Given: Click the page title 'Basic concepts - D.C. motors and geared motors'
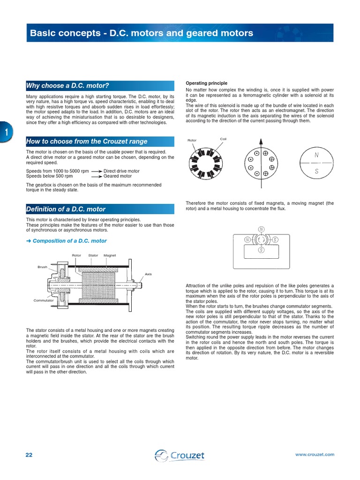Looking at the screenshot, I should [x=141, y=33].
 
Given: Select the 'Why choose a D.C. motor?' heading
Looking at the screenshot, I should [x=67, y=85].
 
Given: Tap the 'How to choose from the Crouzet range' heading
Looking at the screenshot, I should [x=87, y=141].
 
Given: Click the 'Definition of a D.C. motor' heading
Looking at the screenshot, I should [x=66, y=209].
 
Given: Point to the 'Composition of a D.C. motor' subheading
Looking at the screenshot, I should [x=69, y=241].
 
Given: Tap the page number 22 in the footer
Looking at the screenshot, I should [x=29, y=455].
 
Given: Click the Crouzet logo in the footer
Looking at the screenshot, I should [x=180, y=455].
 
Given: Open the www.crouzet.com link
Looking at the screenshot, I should [x=315, y=455].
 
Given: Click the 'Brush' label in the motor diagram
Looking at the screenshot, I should [x=43, y=267].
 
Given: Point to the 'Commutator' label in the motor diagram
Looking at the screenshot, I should [x=44, y=300].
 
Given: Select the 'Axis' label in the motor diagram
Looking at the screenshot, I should [x=148, y=274].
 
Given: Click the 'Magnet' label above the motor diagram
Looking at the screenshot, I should [x=110, y=255].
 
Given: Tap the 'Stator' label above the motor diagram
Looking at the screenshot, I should [x=93, y=255].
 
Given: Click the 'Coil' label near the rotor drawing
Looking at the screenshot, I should [x=223, y=139].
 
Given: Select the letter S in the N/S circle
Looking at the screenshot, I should [x=317, y=171].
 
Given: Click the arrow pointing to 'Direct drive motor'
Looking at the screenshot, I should [x=97, y=172].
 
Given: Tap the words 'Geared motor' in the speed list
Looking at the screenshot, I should [x=118, y=176].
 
